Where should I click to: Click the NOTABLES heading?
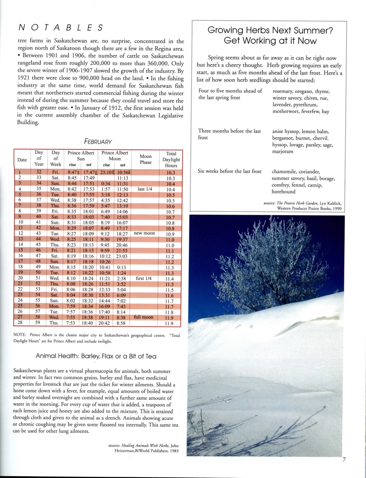(x=60, y=28)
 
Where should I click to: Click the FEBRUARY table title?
(x=98, y=142)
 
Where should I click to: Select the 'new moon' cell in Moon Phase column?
(x=144, y=233)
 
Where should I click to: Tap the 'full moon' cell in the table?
(x=144, y=317)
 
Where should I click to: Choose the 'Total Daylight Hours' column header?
(x=171, y=159)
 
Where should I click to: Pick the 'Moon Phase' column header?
(x=145, y=159)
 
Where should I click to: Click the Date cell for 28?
(x=21, y=323)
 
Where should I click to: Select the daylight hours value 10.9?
(x=170, y=234)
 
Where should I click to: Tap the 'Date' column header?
(x=22, y=160)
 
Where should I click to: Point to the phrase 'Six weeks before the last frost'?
(x=230, y=171)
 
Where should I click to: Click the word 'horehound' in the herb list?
(x=284, y=192)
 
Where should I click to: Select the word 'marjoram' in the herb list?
(x=283, y=152)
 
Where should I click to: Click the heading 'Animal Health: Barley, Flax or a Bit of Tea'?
(x=96, y=356)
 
